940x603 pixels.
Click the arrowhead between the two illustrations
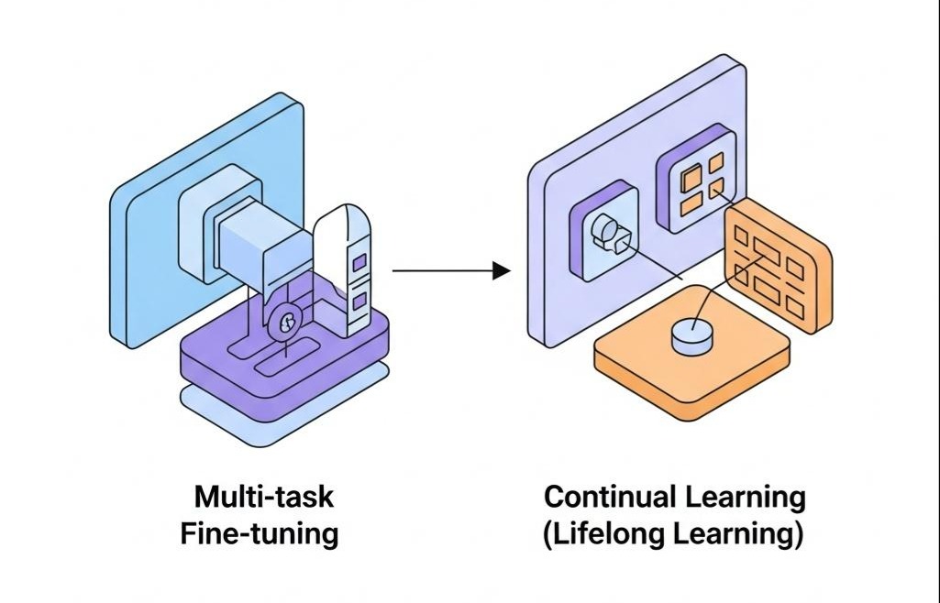[501, 270]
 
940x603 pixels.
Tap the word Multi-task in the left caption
[264, 498]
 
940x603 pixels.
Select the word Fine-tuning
[260, 533]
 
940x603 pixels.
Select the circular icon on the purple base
[287, 321]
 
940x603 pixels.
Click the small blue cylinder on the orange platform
[691, 336]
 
